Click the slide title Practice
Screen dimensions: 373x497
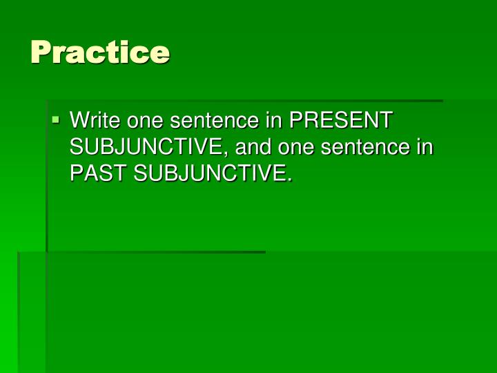(x=100, y=52)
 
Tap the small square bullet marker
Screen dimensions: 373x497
(x=56, y=120)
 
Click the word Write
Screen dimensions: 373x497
(x=92, y=121)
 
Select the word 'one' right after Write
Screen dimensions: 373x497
(x=139, y=121)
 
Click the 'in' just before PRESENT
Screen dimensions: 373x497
(x=273, y=121)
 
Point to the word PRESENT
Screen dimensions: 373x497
(x=340, y=121)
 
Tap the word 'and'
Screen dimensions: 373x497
(x=253, y=148)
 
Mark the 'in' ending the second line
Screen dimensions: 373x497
(x=426, y=148)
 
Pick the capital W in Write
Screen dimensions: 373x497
(x=79, y=121)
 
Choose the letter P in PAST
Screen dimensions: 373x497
(x=76, y=175)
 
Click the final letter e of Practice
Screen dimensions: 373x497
(x=162, y=53)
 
